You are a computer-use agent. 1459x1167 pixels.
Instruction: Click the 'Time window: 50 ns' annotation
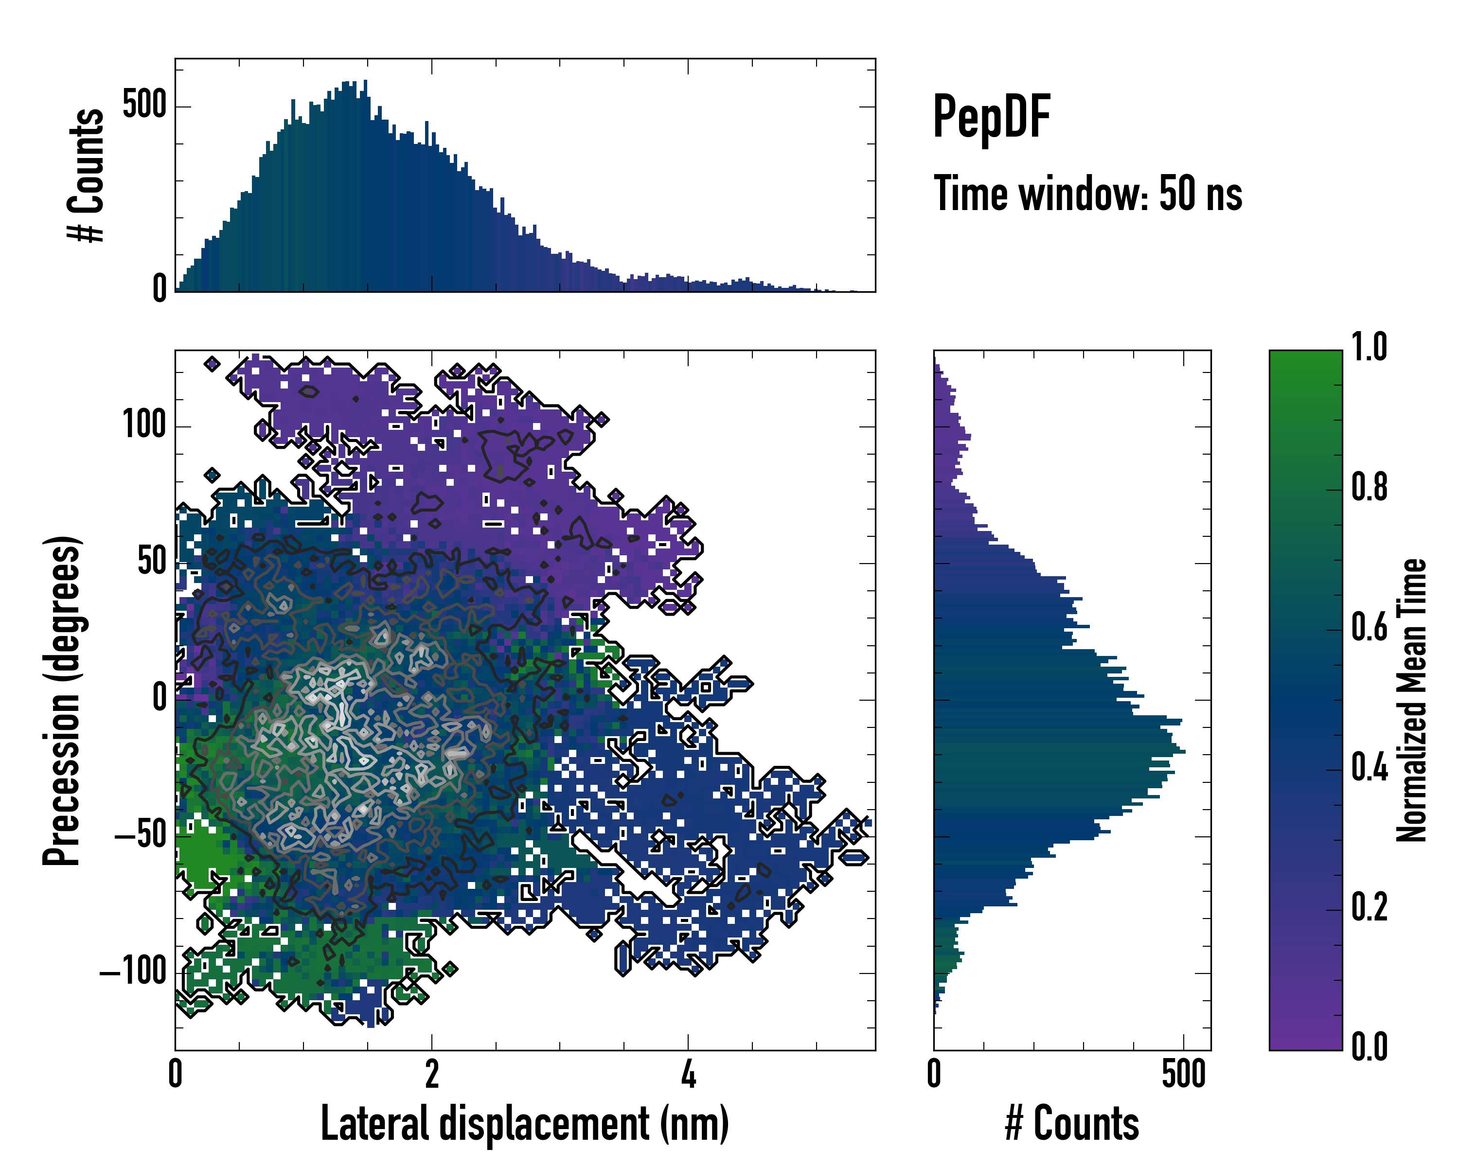coord(1087,194)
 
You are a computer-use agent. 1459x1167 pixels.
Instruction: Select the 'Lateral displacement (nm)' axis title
coord(524,1123)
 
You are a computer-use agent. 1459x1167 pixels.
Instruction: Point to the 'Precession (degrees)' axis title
coord(62,700)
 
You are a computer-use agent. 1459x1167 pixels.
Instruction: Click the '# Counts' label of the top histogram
coord(87,175)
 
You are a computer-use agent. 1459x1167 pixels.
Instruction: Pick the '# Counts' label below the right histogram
coord(1072,1123)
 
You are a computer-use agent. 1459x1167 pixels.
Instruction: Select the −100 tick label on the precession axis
coord(133,972)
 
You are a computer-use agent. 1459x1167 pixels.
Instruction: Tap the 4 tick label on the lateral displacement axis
coord(688,1074)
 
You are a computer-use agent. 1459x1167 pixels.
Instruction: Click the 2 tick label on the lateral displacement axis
coord(432,1074)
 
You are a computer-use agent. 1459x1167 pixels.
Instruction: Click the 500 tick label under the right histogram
coord(1184,1074)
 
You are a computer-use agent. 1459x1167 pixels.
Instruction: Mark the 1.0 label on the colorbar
coord(1369,348)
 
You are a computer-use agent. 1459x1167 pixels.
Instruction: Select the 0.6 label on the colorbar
coord(1369,627)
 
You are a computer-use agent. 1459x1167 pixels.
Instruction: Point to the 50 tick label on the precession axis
coord(152,562)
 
